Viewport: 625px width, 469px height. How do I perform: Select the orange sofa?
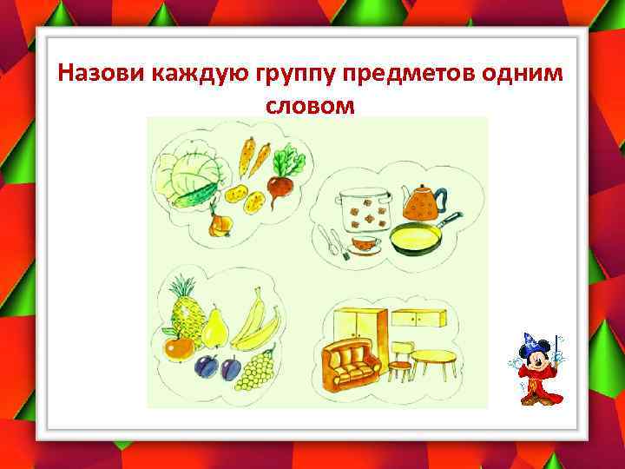[352, 362]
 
